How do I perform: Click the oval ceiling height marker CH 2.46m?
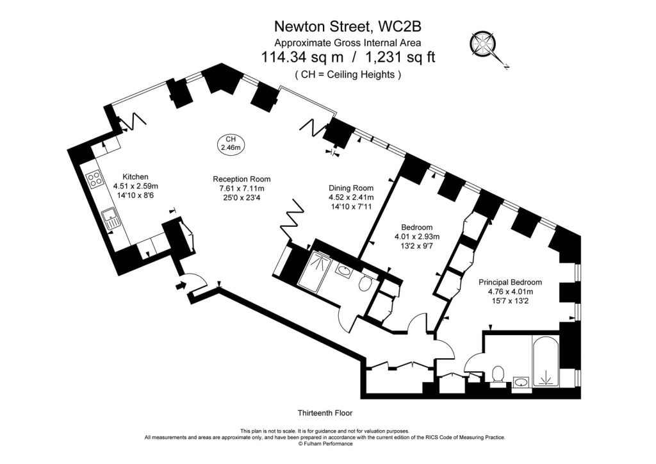pyautogui.click(x=230, y=144)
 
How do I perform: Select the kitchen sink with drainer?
pyautogui.click(x=113, y=219)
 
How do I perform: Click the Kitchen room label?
pyautogui.click(x=135, y=177)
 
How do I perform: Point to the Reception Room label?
pyautogui.click(x=242, y=179)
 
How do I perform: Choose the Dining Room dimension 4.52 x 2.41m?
pyautogui.click(x=351, y=197)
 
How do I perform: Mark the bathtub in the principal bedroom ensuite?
pyautogui.click(x=546, y=363)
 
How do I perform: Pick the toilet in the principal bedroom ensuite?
pyautogui.click(x=498, y=373)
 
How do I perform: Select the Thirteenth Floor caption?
pyautogui.click(x=325, y=413)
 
